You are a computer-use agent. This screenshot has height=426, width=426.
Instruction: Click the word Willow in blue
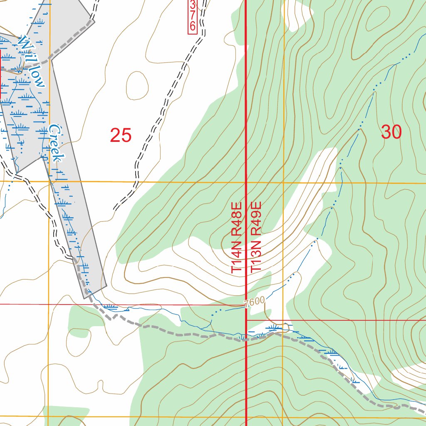tap(31, 61)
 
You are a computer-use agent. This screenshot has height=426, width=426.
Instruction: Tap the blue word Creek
tap(56, 143)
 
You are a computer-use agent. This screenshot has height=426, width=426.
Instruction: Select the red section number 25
tap(121, 135)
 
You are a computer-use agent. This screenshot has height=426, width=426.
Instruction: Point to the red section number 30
tap(391, 132)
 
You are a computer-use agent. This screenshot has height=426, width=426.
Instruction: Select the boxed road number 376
tap(192, 16)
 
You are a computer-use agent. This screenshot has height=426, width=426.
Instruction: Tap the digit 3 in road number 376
tap(192, 5)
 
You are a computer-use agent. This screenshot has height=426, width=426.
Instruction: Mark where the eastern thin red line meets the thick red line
tap(246, 320)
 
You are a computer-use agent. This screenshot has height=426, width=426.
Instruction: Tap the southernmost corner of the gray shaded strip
tap(86, 298)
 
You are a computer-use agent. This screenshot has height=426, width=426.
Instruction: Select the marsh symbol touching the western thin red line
tap(110, 307)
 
